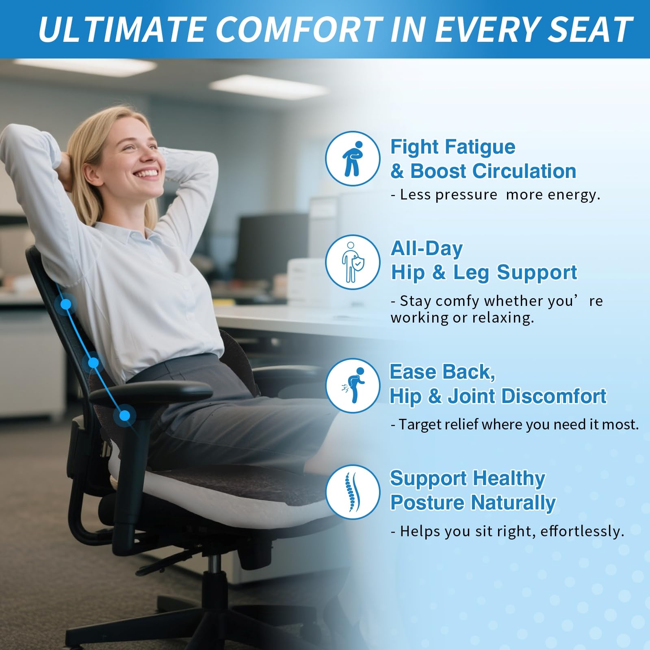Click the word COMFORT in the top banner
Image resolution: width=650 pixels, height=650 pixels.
click(x=299, y=29)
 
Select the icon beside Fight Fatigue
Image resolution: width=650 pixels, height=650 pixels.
click(x=353, y=158)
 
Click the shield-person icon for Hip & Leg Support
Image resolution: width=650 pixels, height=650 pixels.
click(x=353, y=262)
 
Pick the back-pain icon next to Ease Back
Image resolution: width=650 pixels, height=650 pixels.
click(x=353, y=386)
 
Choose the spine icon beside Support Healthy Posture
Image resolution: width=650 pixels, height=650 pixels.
click(x=353, y=492)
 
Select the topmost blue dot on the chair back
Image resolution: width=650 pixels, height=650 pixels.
click(x=65, y=304)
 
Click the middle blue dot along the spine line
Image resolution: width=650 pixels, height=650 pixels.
click(x=93, y=362)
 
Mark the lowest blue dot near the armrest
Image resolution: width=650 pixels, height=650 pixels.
click(x=125, y=415)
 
